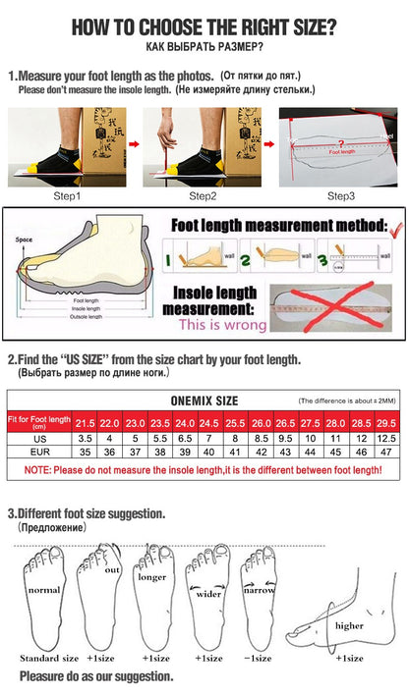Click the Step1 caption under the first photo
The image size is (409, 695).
click(x=66, y=195)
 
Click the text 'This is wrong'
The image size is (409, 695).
click(x=217, y=324)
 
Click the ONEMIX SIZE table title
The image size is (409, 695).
click(x=204, y=401)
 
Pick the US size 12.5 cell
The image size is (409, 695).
click(x=387, y=437)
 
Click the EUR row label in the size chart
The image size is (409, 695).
click(x=38, y=452)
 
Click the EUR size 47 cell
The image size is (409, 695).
click(x=387, y=452)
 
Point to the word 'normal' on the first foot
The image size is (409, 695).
click(x=43, y=590)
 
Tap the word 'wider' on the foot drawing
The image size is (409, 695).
click(x=206, y=593)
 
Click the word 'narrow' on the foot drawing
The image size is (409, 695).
click(x=259, y=590)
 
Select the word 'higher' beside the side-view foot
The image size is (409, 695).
click(x=350, y=624)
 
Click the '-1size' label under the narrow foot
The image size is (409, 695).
click(x=259, y=658)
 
